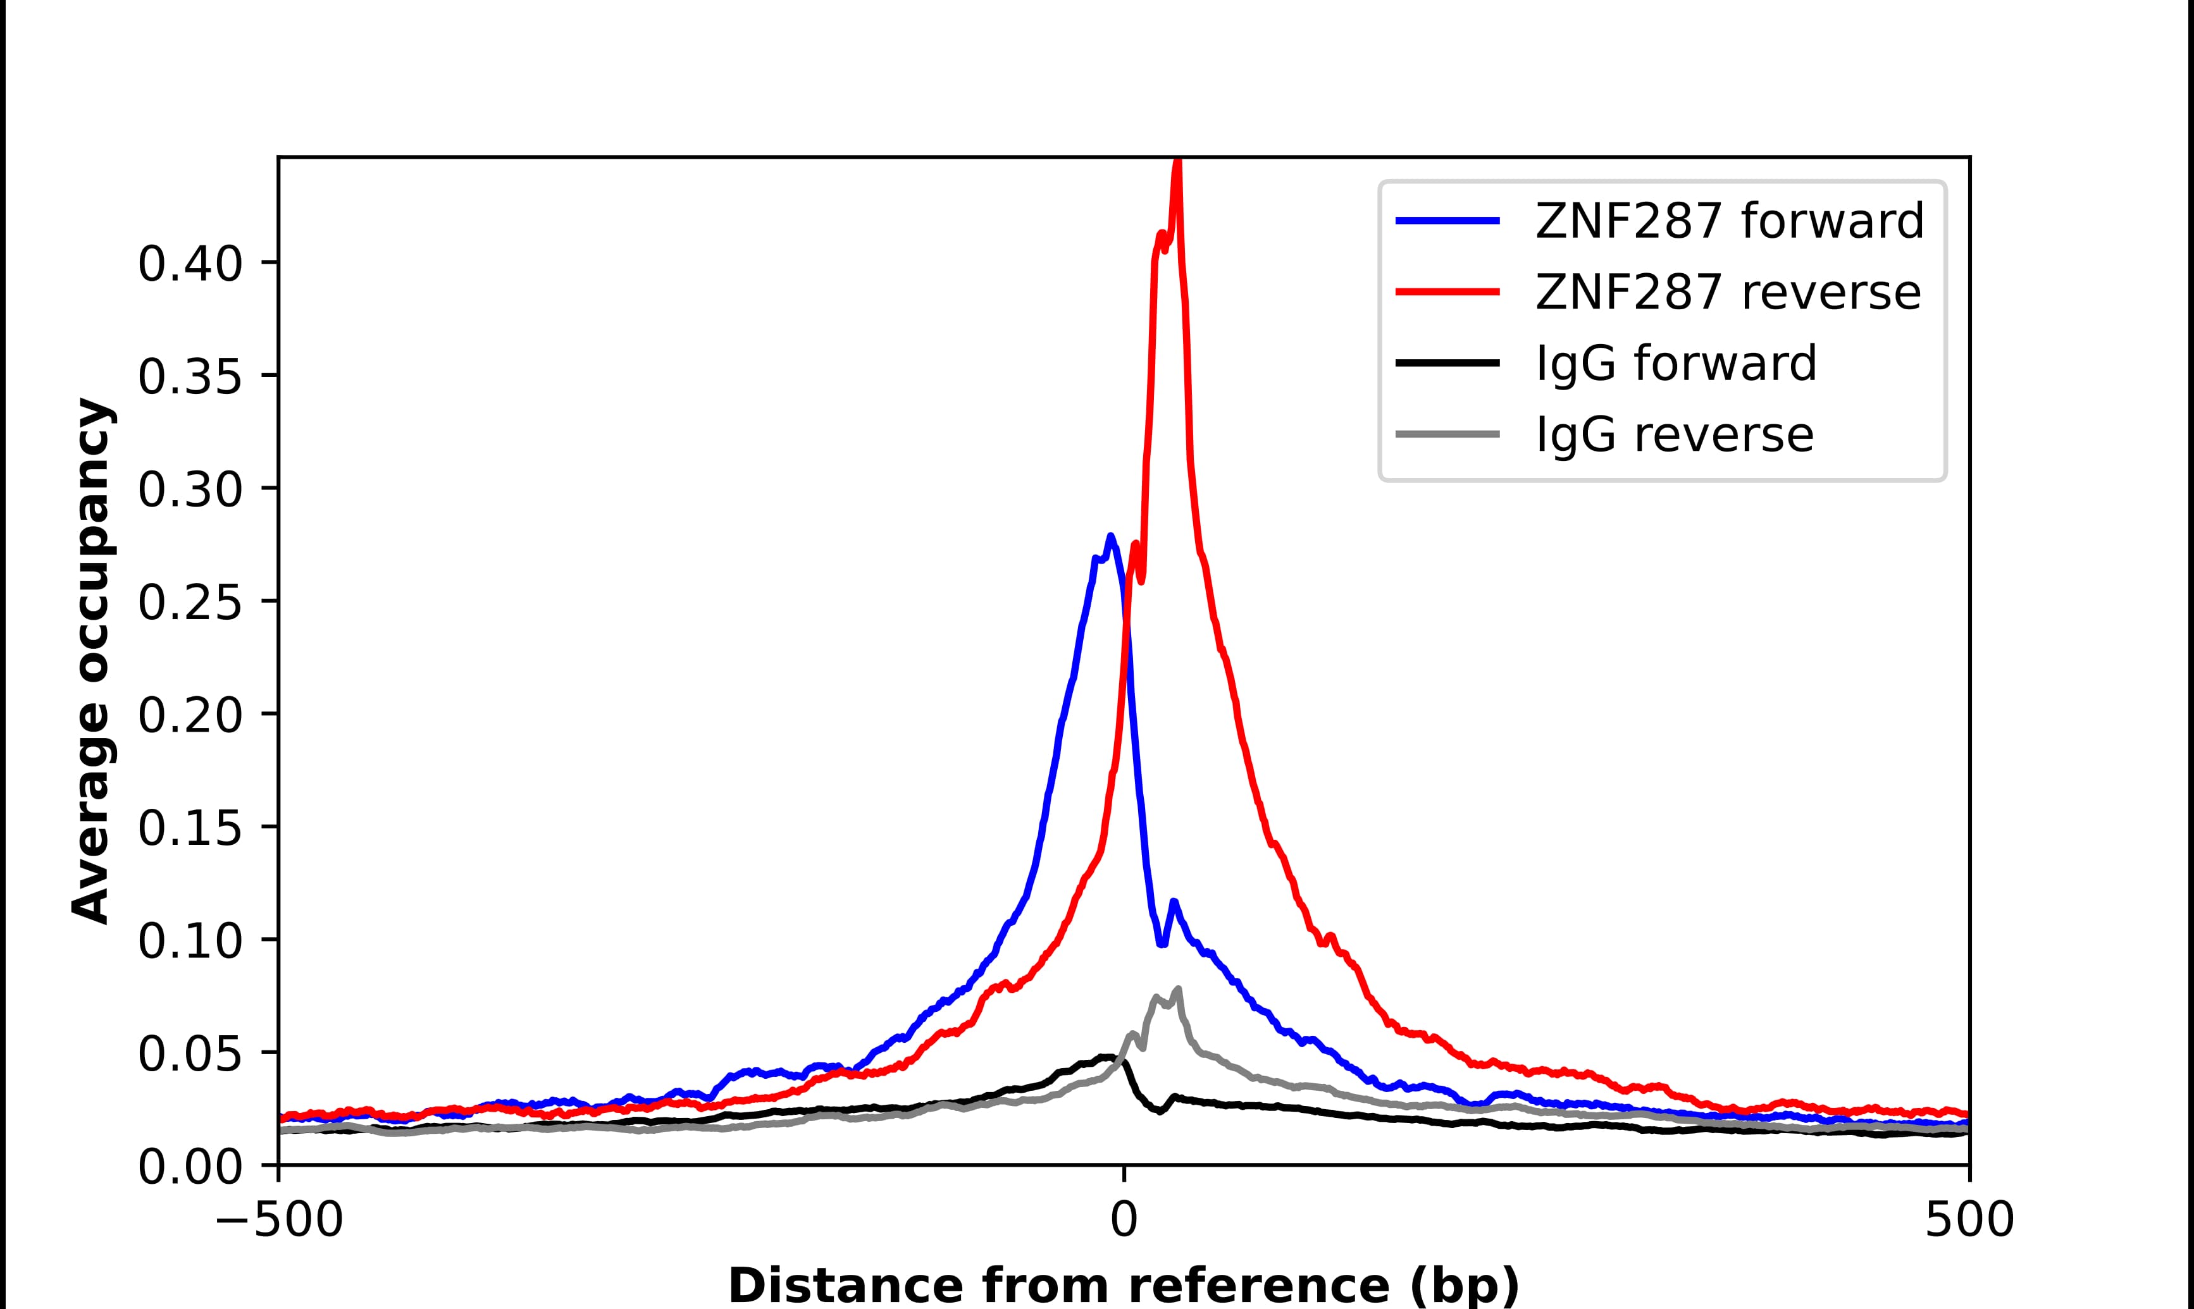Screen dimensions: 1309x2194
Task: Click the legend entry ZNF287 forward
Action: pos(1728,221)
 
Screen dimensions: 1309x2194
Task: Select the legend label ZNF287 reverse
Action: pos(1727,292)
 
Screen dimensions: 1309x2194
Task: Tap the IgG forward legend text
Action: pos(1675,364)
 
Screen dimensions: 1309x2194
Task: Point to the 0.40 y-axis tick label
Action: pos(190,264)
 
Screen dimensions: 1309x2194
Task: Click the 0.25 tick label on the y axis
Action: pos(190,603)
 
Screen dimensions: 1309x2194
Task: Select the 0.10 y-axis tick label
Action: pos(190,941)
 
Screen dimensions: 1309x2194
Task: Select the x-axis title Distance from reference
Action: pos(1123,1285)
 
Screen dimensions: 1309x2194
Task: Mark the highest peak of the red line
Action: pos(1177,164)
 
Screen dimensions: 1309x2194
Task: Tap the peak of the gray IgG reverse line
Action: pos(1179,989)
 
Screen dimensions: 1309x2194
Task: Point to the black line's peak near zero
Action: pos(1107,1056)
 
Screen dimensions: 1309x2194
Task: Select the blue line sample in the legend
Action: pos(1447,221)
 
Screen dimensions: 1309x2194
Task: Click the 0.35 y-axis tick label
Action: pos(190,378)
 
